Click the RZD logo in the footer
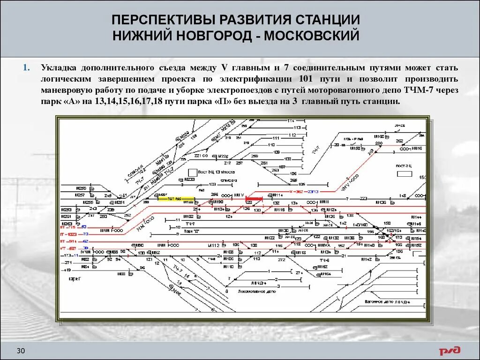450,351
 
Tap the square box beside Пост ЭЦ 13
192,172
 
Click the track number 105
301,184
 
